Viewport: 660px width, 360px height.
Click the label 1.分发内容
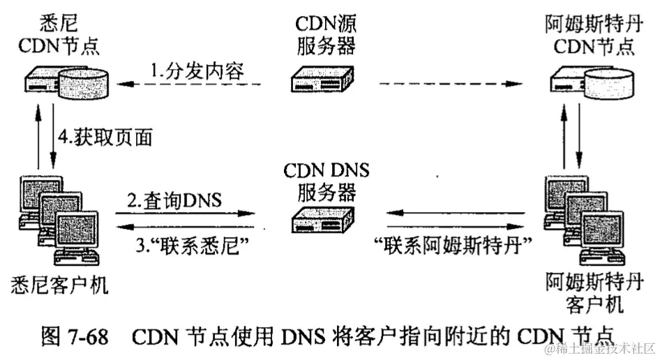click(x=196, y=70)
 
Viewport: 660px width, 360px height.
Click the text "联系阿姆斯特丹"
click(x=454, y=245)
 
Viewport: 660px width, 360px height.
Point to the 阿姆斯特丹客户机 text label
click(x=594, y=293)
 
